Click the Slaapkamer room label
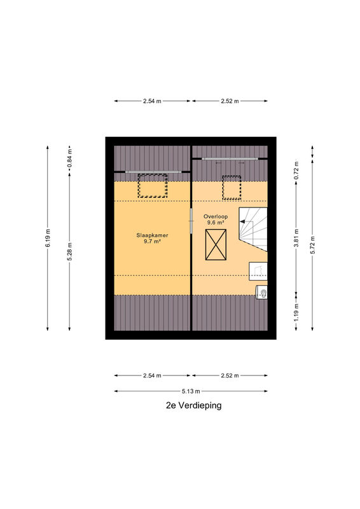(x=152, y=235)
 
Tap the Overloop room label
(x=216, y=216)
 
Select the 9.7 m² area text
(x=153, y=242)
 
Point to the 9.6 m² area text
(x=216, y=222)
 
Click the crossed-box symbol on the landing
(x=216, y=245)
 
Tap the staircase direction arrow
(x=246, y=221)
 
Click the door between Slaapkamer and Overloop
(x=191, y=221)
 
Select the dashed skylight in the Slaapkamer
(x=153, y=186)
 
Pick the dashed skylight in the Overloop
(x=232, y=188)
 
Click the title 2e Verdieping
(x=194, y=405)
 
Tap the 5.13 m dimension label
(x=191, y=391)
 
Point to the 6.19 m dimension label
(x=48, y=238)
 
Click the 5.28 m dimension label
(x=69, y=251)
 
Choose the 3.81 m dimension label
(x=296, y=238)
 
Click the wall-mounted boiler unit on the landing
(x=261, y=292)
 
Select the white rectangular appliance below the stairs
(x=258, y=272)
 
